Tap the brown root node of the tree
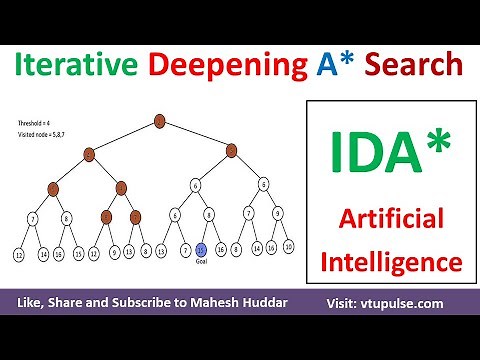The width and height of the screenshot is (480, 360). coord(160,121)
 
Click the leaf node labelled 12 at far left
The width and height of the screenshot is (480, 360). coord(19,255)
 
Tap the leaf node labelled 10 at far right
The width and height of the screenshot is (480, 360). coord(288,246)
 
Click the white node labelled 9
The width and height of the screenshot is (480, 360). coord(277,214)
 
